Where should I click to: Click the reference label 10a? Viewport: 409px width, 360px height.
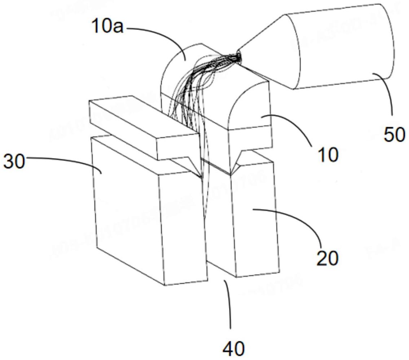point(107,26)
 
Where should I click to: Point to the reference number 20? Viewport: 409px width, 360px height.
point(327,258)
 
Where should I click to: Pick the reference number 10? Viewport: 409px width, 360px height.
point(328,155)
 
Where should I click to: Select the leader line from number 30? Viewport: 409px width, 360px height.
point(65,160)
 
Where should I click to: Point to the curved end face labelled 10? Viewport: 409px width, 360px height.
point(249,108)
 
